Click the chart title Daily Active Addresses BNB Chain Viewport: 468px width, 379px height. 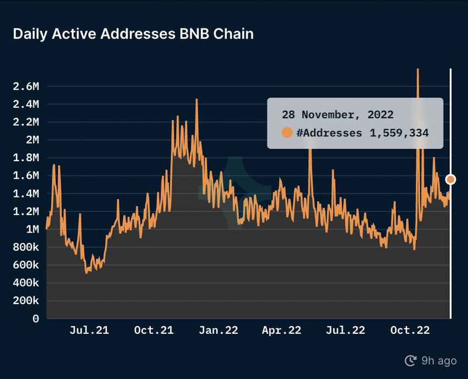133,34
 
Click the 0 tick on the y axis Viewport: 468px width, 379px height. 36,318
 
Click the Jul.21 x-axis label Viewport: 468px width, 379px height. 89,331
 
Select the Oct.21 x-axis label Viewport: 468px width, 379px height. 154,331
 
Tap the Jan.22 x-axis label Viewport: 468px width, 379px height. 219,331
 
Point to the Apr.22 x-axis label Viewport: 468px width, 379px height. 281,331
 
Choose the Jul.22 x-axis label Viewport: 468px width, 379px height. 346,331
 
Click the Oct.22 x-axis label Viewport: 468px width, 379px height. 410,331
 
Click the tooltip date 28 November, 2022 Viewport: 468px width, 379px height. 338,115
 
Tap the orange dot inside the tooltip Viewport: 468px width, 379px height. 287,133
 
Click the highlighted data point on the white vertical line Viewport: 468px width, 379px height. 451,179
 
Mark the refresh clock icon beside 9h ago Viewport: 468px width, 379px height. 410,361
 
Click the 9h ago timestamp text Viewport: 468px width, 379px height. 439,361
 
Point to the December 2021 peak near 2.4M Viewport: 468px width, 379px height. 197,100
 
